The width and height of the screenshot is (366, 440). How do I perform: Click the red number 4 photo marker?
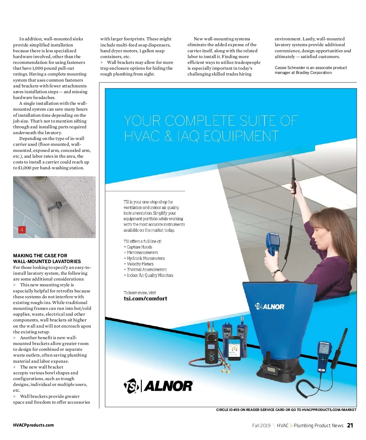[22, 230]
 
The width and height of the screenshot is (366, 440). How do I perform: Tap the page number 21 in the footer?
[350, 425]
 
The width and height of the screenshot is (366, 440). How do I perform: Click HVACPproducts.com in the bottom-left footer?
[33, 425]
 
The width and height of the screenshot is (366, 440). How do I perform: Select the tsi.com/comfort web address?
[145, 299]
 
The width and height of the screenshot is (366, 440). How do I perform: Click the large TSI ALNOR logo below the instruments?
[158, 386]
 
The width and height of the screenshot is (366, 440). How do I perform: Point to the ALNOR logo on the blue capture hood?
[270, 306]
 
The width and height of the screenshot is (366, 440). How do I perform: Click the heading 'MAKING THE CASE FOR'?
[40, 255]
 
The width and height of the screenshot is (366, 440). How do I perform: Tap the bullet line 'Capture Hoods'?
[139, 247]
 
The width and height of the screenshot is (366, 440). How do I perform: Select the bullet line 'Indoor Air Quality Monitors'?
[150, 275]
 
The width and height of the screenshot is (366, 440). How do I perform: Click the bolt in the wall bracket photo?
[56, 206]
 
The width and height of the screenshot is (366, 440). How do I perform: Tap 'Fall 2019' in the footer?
[261, 425]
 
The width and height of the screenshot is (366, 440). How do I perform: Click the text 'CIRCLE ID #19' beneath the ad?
[228, 410]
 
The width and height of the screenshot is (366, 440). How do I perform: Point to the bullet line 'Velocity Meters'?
[140, 264]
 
